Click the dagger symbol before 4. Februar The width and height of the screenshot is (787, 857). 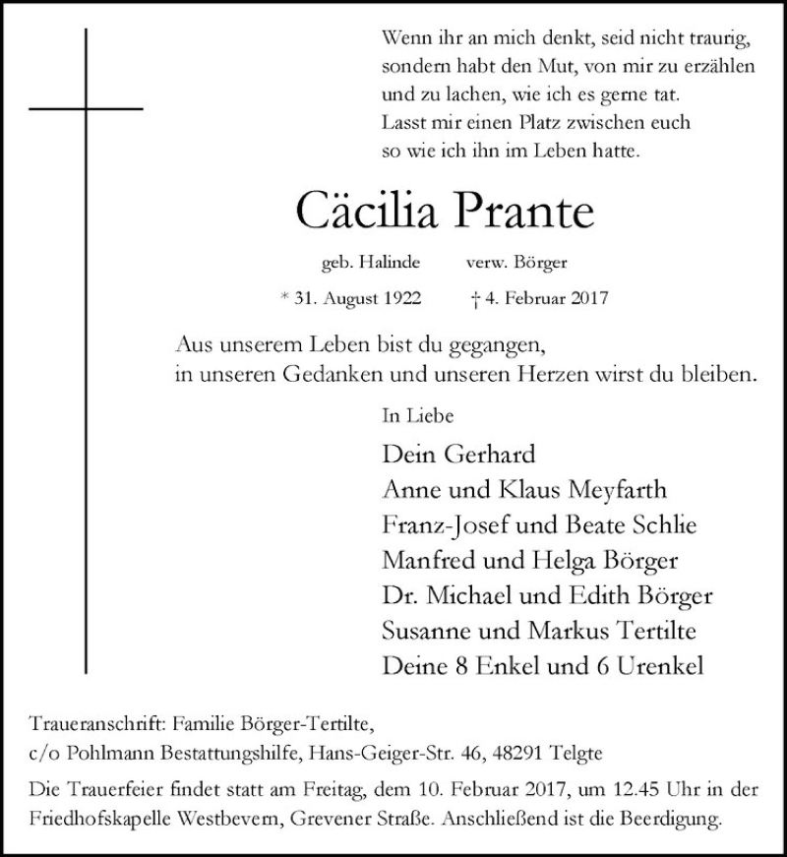(477, 296)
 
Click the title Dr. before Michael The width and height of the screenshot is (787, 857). (395, 597)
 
